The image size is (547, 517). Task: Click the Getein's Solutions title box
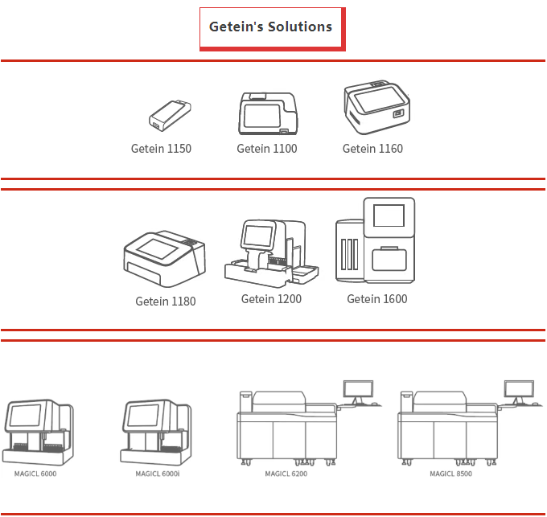[x=271, y=27]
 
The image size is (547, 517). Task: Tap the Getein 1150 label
[x=161, y=149]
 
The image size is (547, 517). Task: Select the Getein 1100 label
[x=266, y=149]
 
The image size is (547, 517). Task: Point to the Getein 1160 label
[x=372, y=149]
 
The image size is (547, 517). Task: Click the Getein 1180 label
[x=165, y=302]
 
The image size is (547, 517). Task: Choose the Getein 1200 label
[x=271, y=299]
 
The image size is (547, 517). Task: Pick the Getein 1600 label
[x=376, y=299]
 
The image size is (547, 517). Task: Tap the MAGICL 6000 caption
[x=35, y=474]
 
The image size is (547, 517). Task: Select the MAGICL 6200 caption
[x=286, y=474]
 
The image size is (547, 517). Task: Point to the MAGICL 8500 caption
[x=450, y=474]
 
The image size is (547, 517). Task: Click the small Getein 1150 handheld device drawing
[x=170, y=115]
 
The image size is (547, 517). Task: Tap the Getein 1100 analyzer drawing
[x=267, y=113]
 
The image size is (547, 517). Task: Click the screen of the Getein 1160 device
[x=374, y=100]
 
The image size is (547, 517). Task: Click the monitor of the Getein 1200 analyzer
[x=258, y=236]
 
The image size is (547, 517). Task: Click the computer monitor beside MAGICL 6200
[x=356, y=388]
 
